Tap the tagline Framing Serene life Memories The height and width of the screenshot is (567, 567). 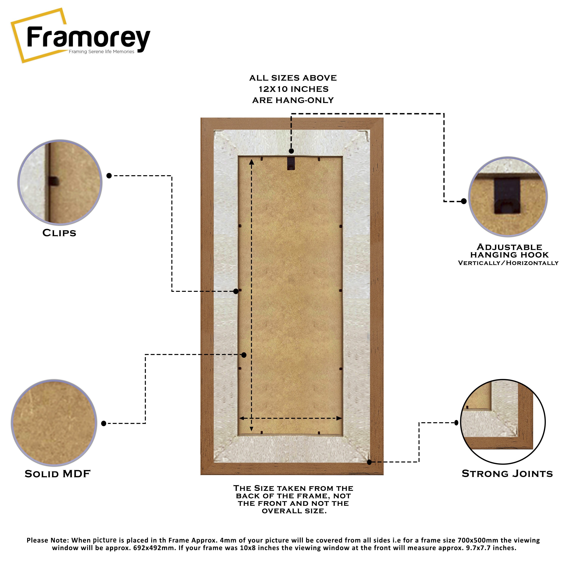tap(101, 52)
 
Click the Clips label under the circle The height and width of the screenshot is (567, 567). tap(59, 233)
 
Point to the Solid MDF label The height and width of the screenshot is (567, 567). tap(57, 474)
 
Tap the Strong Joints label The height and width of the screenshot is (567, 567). tap(507, 473)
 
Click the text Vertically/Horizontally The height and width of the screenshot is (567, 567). tap(508, 263)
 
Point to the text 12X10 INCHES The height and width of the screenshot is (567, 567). tap(294, 89)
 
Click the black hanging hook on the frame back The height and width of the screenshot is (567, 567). tap(291, 163)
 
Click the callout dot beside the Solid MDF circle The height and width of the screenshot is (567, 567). tap(104, 424)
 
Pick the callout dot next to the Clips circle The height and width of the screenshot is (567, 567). tap(109, 176)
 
